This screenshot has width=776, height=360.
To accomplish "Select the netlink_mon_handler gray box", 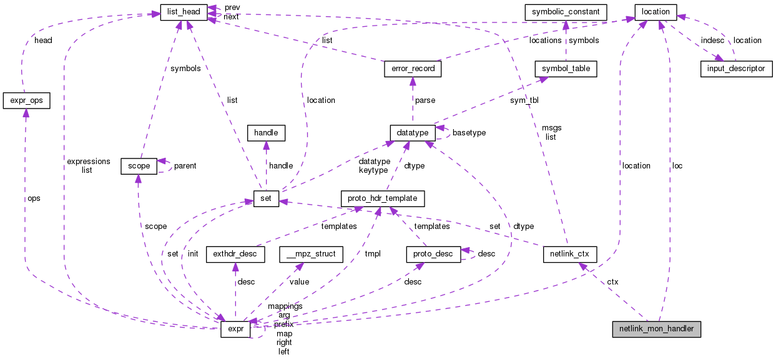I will (x=656, y=328).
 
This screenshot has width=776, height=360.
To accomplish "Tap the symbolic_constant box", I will (x=565, y=12).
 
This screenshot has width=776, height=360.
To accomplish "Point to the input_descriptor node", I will (x=737, y=68).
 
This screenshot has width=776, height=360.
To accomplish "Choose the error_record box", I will (x=413, y=68).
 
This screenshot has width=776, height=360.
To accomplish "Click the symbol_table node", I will (x=566, y=68).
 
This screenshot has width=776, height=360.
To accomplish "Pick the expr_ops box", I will (x=26, y=100).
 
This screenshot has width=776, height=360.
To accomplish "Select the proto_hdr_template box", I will (x=383, y=199).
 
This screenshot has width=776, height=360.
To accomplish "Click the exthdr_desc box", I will (x=235, y=254).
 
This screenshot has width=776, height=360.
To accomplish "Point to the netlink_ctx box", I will (x=569, y=254).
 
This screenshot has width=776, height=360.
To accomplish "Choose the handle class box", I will (x=266, y=132).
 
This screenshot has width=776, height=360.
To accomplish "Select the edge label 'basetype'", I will (x=469, y=133).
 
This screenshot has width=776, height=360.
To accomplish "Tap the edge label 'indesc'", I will (x=712, y=40).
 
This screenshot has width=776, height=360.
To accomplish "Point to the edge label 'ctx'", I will (x=613, y=283).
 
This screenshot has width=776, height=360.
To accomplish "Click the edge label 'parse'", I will (x=425, y=100).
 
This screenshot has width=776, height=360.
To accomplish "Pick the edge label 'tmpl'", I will (x=373, y=254).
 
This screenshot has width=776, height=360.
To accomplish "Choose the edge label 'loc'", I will (x=677, y=166).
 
